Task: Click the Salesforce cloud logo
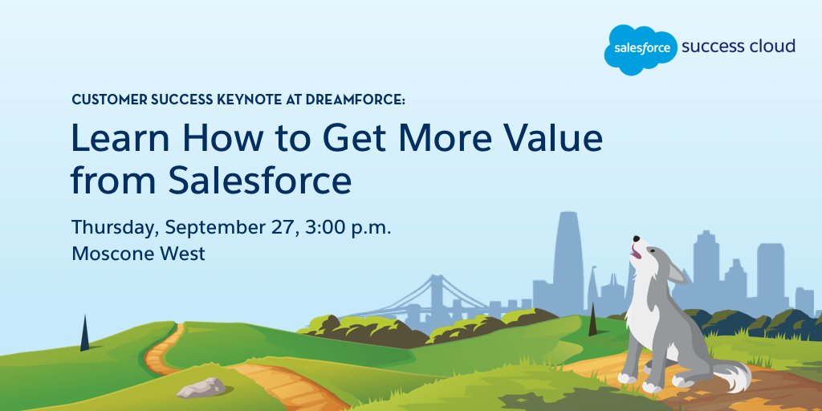[x=640, y=48]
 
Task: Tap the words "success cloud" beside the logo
[x=738, y=46]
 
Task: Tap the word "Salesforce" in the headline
[x=260, y=181]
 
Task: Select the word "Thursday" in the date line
[x=115, y=227]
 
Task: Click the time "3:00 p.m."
[x=348, y=227]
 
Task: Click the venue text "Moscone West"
[x=138, y=254]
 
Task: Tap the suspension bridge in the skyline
[x=437, y=293]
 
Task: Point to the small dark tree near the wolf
[x=592, y=320]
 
